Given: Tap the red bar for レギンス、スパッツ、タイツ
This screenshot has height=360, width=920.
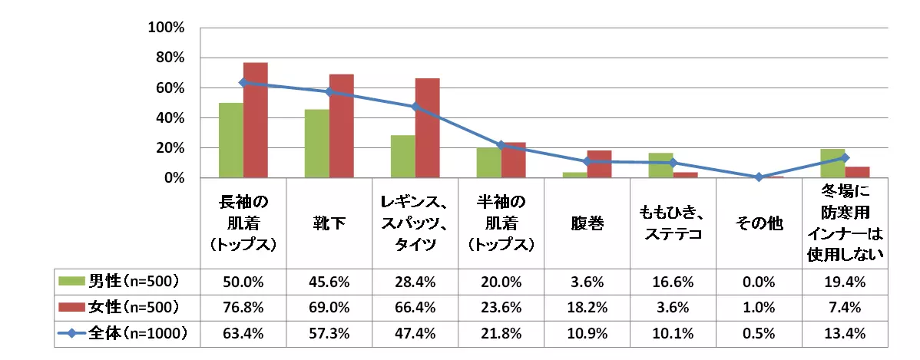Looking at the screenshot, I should coord(428,128).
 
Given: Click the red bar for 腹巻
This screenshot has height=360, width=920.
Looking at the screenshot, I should coord(599,164).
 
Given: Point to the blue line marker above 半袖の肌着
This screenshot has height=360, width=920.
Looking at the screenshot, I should coord(501,145).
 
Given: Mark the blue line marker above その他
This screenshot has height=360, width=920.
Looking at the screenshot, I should coord(759,177).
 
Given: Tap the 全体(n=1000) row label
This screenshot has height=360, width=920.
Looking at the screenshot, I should coord(139,334).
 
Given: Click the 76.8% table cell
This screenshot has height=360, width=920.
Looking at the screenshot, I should coord(243,308).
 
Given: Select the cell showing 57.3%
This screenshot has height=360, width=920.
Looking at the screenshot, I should coord(329,334).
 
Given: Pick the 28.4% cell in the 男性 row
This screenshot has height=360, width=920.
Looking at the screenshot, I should coord(415,281).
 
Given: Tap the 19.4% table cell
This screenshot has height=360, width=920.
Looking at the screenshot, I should coord(845,281).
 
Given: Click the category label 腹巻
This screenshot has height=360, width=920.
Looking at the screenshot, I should coord(587,223).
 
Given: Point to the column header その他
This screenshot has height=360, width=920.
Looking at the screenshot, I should coord(759,223).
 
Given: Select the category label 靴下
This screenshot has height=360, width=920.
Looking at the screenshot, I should coord(329,223).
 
